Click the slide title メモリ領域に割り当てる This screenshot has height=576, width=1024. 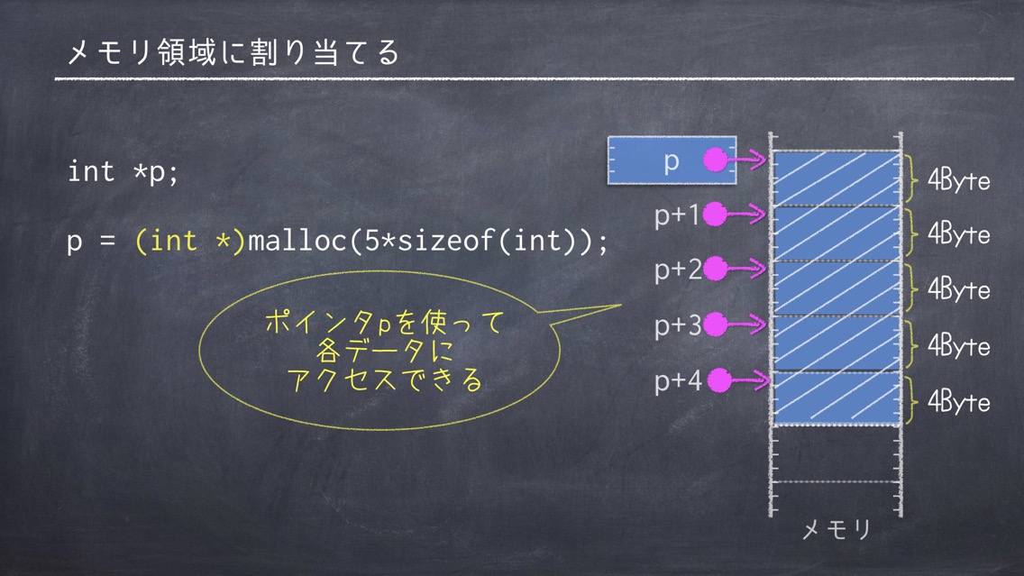(x=233, y=52)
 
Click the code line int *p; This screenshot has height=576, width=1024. (x=123, y=172)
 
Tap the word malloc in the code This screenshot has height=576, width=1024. (x=297, y=241)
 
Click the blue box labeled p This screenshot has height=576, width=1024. (x=672, y=160)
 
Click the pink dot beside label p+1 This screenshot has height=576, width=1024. (x=715, y=214)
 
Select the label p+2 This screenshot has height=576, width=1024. (x=678, y=269)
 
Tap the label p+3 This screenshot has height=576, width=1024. (x=678, y=325)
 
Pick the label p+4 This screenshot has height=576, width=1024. (x=678, y=380)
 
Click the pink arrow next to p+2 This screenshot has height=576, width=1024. (x=746, y=269)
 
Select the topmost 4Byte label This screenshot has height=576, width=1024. (x=959, y=179)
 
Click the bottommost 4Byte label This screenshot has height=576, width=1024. (x=959, y=402)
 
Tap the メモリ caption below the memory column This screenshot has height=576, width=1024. (x=836, y=529)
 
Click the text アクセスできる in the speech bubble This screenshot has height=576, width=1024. (x=385, y=380)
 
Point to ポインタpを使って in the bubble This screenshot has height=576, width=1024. (x=385, y=322)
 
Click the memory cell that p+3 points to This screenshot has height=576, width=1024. (x=836, y=343)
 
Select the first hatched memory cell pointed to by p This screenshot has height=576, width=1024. (x=836, y=178)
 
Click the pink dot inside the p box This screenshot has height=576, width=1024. (x=715, y=160)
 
